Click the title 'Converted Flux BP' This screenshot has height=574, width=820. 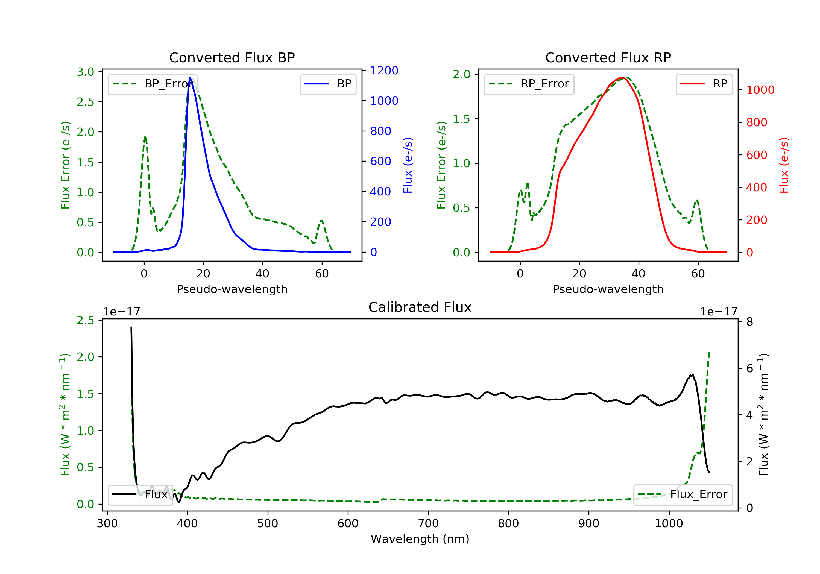(x=232, y=57)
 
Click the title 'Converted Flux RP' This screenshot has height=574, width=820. (x=608, y=57)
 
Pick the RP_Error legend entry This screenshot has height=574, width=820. (x=529, y=84)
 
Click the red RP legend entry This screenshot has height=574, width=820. (x=704, y=84)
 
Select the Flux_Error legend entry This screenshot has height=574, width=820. (x=683, y=494)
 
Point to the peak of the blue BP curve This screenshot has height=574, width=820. (x=190, y=78)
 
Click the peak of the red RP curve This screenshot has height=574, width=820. (x=622, y=78)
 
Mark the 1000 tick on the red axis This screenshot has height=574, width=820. (x=760, y=90)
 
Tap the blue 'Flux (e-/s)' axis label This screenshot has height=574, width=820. (x=408, y=165)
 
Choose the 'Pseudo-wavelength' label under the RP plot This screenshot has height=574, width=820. (x=608, y=289)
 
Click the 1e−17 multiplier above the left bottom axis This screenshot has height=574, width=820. (x=121, y=312)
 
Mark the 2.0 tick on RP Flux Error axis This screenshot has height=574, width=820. (x=461, y=74)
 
